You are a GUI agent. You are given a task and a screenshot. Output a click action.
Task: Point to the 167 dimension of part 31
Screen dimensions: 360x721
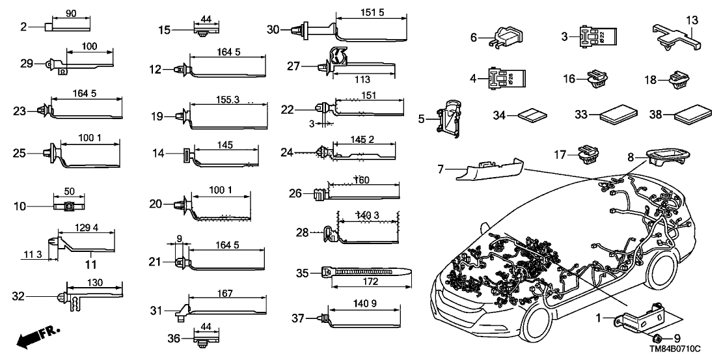(x=224, y=294)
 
